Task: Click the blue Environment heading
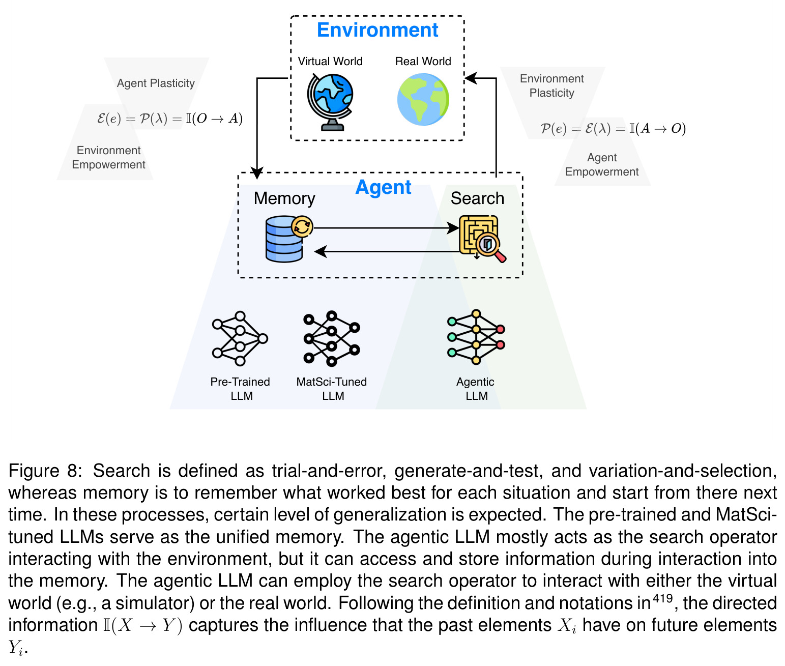(377, 30)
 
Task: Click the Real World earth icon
(423, 100)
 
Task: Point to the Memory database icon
(288, 239)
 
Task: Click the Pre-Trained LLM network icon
(240, 338)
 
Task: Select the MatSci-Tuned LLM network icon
(332, 338)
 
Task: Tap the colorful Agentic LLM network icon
(476, 337)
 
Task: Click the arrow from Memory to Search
(386, 228)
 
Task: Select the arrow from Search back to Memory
(387, 251)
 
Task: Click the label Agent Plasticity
(156, 83)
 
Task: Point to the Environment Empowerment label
(108, 157)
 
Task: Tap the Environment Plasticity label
(551, 85)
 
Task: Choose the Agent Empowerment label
(601, 164)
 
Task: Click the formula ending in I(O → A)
(170, 119)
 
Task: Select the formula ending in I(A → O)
(613, 129)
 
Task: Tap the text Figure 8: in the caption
(45, 471)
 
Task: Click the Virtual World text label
(330, 61)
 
